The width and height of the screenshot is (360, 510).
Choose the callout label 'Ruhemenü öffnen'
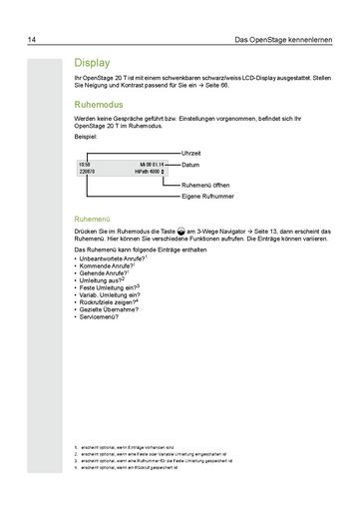tap(210, 186)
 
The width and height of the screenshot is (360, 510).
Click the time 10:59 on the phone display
tap(85, 163)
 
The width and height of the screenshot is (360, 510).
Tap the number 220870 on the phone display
tap(87, 172)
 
